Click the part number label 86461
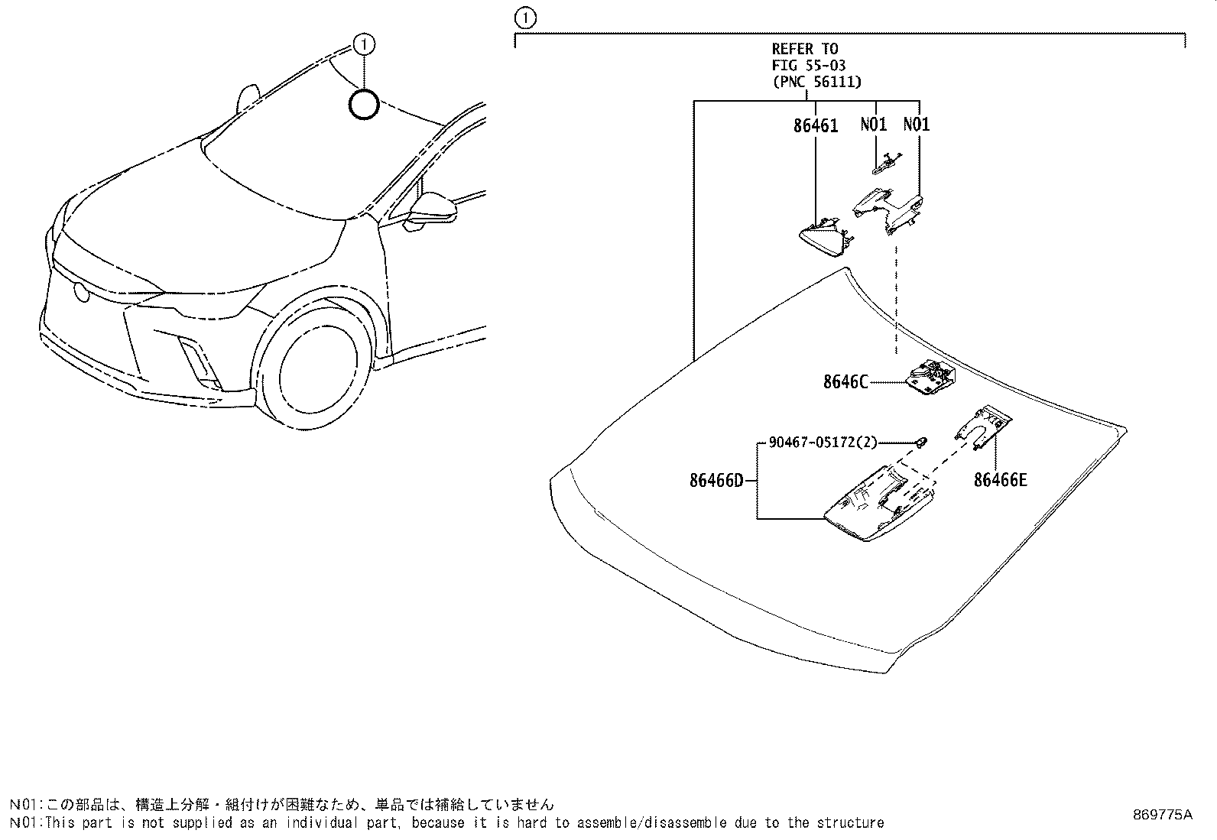(815, 126)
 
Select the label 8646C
(845, 382)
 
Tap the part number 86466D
(716, 481)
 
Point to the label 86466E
(1000, 480)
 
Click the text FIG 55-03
(808, 66)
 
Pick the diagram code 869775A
(1162, 815)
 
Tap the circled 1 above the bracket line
(526, 18)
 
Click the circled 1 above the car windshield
(364, 45)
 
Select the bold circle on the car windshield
(364, 105)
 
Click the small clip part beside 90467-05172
(922, 441)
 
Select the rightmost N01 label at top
(916, 125)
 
